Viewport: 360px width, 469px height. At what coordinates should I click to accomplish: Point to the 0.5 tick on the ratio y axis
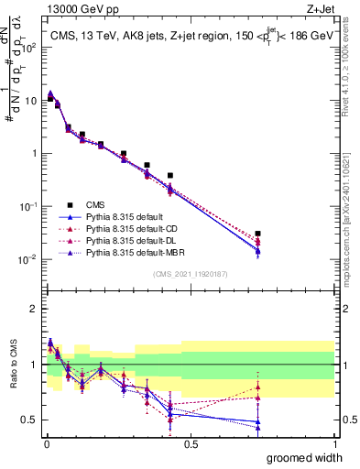pos(29,420)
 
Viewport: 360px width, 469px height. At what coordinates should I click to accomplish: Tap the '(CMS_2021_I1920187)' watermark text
pos(191,273)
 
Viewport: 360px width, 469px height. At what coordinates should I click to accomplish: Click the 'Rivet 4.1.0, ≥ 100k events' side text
pos(350,64)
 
